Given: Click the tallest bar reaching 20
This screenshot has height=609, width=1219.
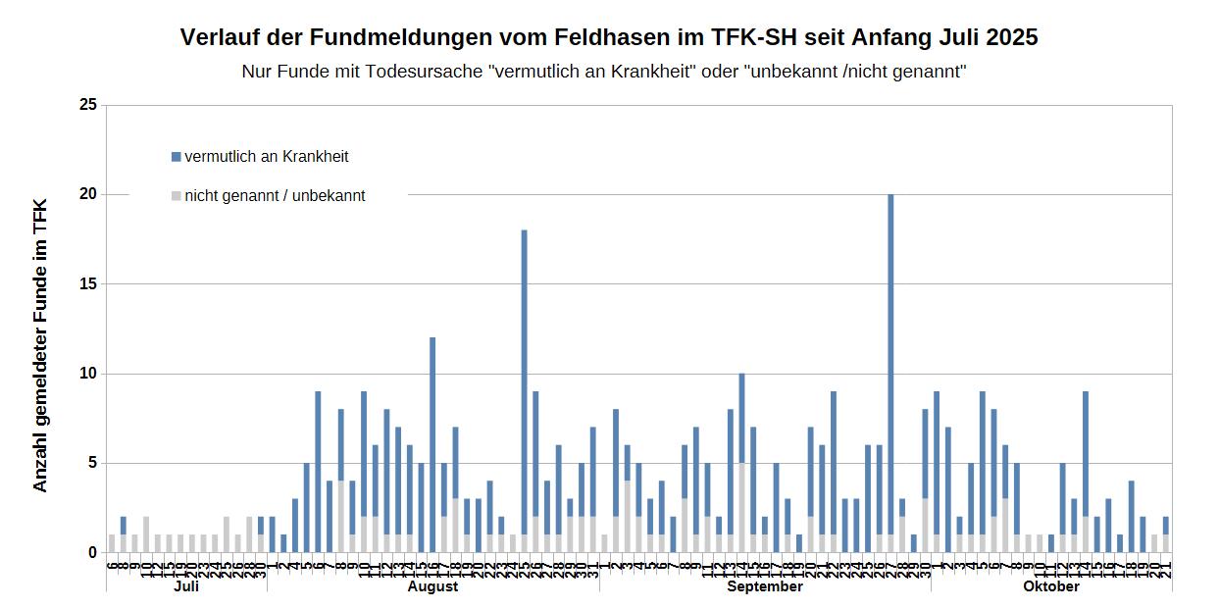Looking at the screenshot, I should [x=890, y=373].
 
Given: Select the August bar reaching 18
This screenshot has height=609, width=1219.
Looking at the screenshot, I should [x=525, y=392].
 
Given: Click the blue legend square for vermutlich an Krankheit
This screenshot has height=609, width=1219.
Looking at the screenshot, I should [x=177, y=157].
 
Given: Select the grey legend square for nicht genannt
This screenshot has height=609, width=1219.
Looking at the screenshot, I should [x=177, y=196].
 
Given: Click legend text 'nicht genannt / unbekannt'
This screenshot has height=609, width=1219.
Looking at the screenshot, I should [x=275, y=196].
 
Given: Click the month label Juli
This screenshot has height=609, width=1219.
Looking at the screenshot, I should [x=185, y=586].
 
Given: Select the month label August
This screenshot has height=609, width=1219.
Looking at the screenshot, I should [x=432, y=586].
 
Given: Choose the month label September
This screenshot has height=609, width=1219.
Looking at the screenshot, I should [x=765, y=586].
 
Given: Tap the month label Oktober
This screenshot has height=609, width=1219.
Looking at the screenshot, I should [x=1051, y=586].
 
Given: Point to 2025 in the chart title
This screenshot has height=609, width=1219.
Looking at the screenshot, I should [x=1011, y=37].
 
